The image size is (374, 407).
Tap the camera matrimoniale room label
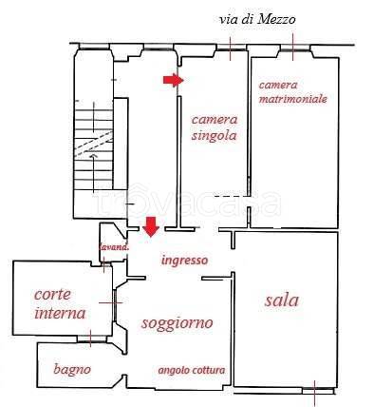click(x=292, y=91)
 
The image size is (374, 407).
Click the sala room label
click(x=281, y=300)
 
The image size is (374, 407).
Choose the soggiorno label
click(x=176, y=323)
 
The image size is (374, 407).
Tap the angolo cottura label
click(x=190, y=370)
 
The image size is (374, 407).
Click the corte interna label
click(x=59, y=303)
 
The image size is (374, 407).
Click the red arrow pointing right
click(x=171, y=81)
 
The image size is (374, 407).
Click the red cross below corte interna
click(x=90, y=336)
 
